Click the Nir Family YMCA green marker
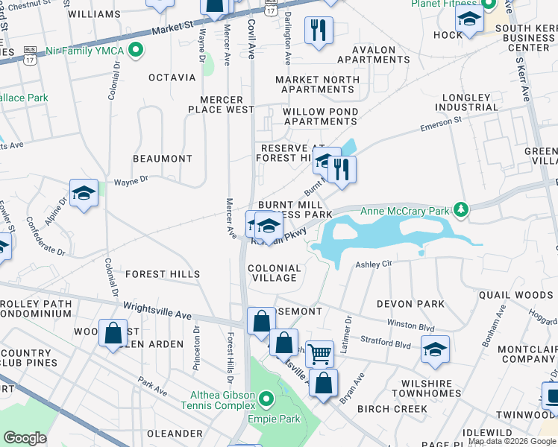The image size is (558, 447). pos(135,51)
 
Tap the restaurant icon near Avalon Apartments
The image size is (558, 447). pos(319,31)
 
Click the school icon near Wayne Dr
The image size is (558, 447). pos(84,194)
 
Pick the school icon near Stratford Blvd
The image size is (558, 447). pos(435,349)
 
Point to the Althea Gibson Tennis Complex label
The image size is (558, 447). pos(219,401)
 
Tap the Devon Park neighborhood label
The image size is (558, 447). pos(410,304)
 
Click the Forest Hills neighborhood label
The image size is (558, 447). pos(163,274)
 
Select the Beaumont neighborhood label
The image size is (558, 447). pos(162,159)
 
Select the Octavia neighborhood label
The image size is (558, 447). pos(172,77)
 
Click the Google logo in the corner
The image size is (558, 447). pos(25,438)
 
